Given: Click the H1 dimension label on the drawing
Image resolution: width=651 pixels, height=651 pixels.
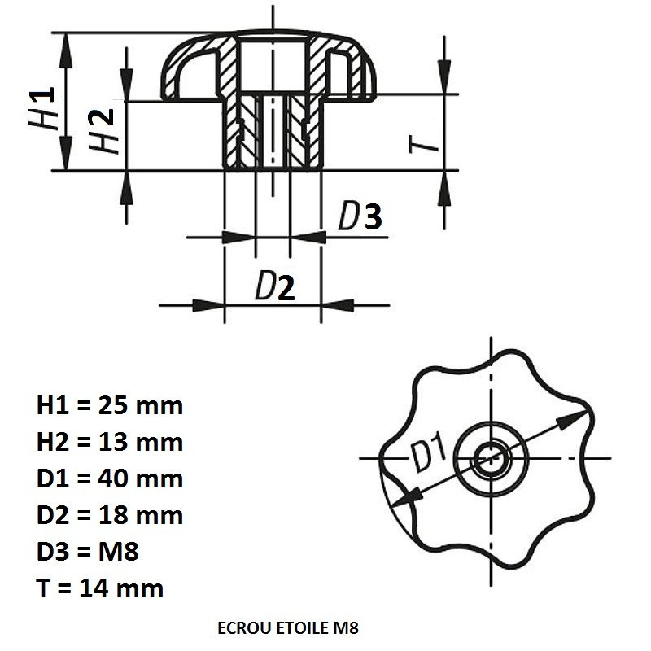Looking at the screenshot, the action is click(x=42, y=107).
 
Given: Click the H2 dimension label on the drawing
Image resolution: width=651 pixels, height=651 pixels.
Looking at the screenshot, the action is click(x=101, y=131).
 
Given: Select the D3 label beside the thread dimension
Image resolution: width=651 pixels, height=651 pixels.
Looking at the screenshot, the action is click(x=360, y=216).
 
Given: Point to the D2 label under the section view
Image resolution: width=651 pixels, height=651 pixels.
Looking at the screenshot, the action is click(x=274, y=286).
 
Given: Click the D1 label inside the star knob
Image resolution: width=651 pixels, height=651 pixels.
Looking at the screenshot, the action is click(x=430, y=452).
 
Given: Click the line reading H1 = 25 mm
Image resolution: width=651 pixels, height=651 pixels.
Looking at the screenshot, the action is click(x=110, y=405).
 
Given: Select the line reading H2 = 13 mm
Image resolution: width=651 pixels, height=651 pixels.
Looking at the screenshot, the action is click(x=110, y=442).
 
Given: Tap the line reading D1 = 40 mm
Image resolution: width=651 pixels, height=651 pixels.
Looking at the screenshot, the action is click(x=110, y=478).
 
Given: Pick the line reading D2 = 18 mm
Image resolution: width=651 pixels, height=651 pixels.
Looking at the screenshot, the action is click(x=110, y=515).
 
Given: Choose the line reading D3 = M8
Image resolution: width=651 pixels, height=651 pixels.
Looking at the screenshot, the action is click(x=88, y=552).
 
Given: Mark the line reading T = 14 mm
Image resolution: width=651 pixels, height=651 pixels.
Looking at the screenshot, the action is click(x=100, y=588).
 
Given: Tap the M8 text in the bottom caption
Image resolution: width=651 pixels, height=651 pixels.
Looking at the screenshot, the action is click(x=346, y=628).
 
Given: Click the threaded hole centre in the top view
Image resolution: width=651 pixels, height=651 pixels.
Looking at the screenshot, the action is click(x=492, y=458).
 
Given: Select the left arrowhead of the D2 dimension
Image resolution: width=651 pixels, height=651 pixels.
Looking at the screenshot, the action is click(x=208, y=305).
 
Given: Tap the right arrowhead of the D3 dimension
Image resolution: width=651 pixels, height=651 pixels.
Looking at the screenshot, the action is click(x=308, y=238).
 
